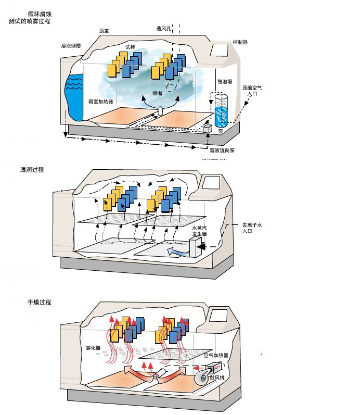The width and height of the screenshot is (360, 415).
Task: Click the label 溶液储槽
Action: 71,46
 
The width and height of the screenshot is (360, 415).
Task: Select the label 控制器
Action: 240,41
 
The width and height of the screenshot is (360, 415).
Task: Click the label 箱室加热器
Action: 101,102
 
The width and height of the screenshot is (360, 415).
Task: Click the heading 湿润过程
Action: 32,170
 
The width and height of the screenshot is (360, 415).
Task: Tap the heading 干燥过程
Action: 40,302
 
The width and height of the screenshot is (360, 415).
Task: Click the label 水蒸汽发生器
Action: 200,231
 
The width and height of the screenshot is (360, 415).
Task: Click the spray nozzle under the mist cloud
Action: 161,110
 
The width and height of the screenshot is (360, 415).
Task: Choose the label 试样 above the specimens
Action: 130,46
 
